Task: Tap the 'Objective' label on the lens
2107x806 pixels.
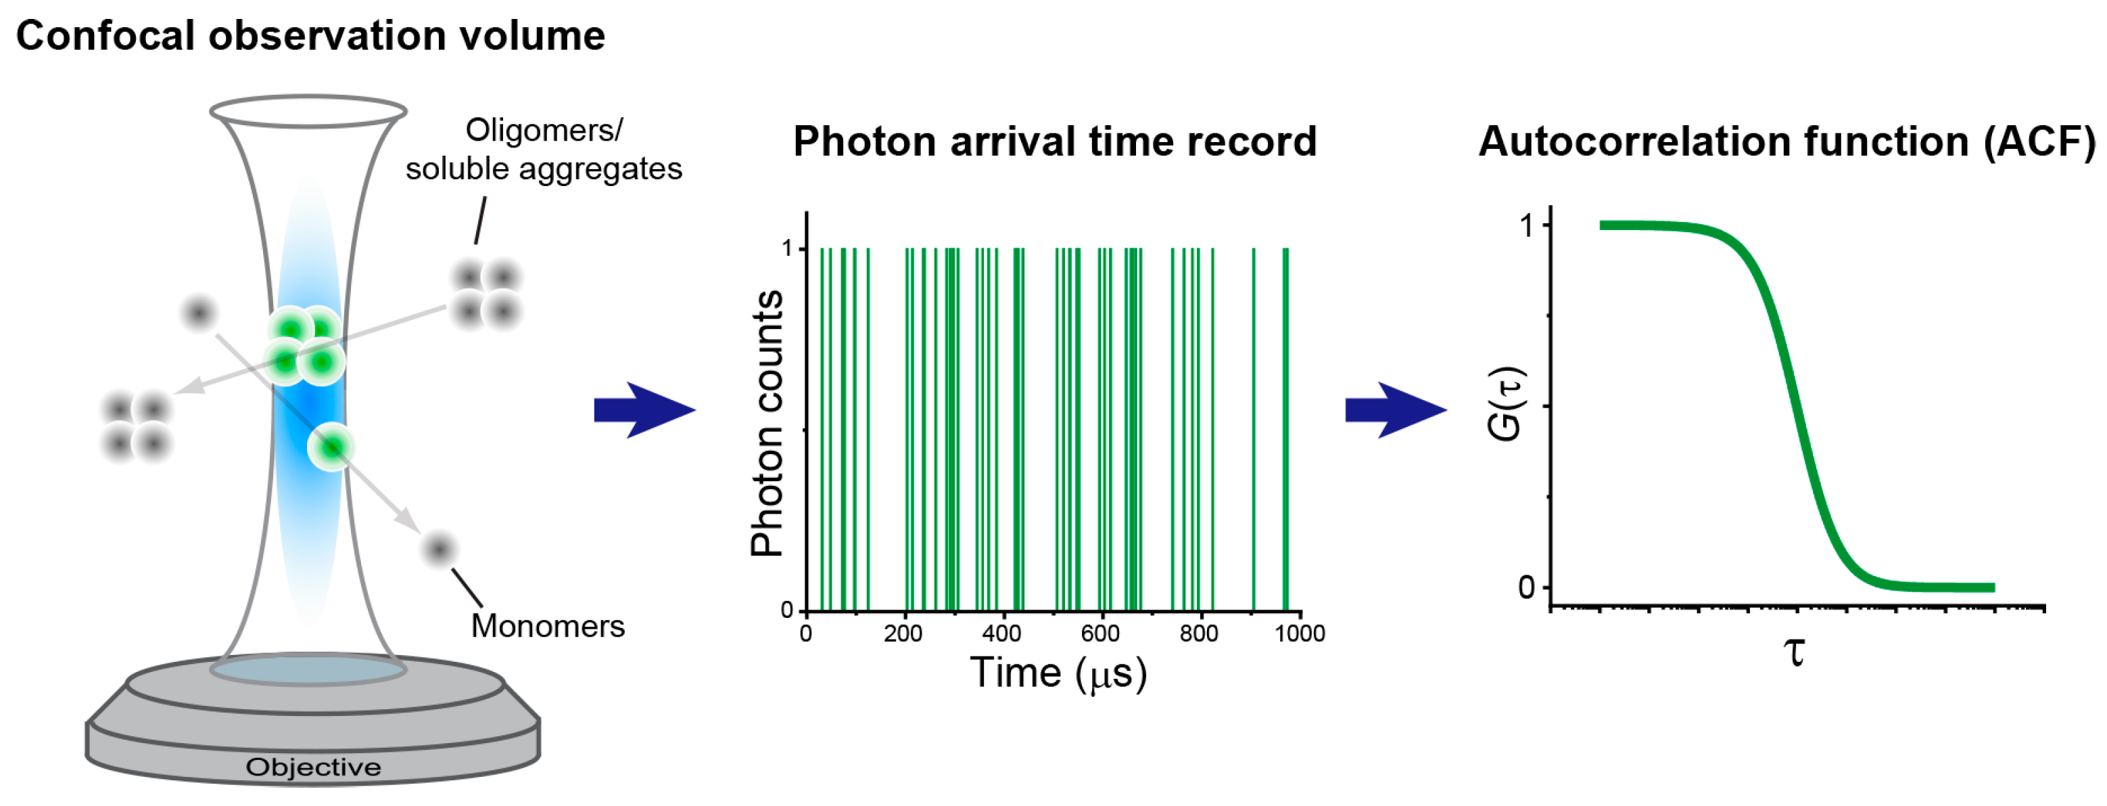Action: click(313, 767)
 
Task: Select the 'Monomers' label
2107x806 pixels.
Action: click(547, 626)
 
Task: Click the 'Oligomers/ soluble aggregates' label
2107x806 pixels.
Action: click(543, 149)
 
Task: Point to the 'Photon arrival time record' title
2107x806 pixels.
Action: click(1054, 141)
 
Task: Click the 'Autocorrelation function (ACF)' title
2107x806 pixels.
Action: click(1787, 141)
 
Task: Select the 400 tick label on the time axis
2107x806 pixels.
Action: click(1001, 633)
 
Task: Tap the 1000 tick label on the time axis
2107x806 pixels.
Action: click(1300, 633)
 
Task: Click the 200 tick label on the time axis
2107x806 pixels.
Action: click(903, 633)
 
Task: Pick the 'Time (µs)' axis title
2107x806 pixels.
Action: click(1058, 673)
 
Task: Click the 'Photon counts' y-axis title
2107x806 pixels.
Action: click(767, 423)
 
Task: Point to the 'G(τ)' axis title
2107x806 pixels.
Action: click(1505, 403)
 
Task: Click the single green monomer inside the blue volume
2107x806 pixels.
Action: click(331, 447)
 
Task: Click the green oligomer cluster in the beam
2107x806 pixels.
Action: click(305, 345)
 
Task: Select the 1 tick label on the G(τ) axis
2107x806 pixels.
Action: click(1526, 225)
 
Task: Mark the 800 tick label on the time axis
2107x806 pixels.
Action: click(1198, 633)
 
